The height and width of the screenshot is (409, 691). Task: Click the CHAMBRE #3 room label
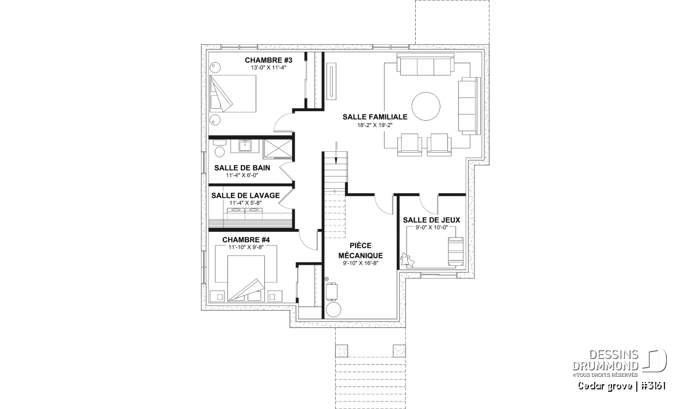point(268,60)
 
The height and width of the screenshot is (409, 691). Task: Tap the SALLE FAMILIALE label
point(375,117)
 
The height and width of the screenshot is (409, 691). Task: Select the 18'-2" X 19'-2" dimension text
point(375,125)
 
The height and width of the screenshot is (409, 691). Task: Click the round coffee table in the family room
point(426,106)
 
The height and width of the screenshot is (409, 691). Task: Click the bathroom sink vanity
point(245,146)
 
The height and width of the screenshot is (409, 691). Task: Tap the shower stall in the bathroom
point(278,149)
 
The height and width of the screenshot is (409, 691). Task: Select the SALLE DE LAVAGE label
point(245,196)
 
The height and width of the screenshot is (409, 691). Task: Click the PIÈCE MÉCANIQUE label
point(360,251)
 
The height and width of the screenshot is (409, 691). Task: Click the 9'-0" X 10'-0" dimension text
point(431,228)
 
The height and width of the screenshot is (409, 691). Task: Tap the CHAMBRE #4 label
point(246,240)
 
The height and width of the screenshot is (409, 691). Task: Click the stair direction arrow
point(336,153)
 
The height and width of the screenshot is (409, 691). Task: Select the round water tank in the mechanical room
point(333,309)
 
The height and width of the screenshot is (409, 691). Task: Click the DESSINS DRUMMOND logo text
point(606,360)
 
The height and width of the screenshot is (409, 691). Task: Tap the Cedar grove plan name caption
point(621,386)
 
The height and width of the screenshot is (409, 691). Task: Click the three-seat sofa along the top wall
point(426,64)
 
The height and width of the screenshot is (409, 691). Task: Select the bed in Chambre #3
point(233,93)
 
